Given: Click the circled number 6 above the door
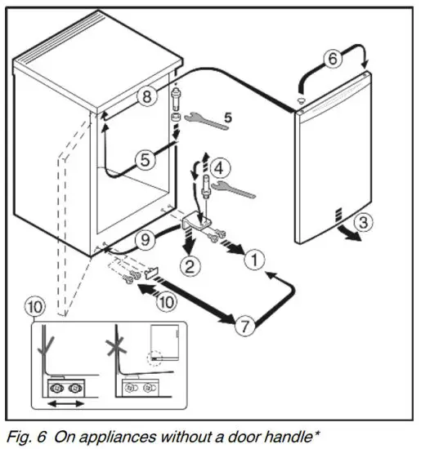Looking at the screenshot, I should pyautogui.click(x=331, y=59).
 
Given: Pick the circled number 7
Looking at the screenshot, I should pyautogui.click(x=243, y=327).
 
